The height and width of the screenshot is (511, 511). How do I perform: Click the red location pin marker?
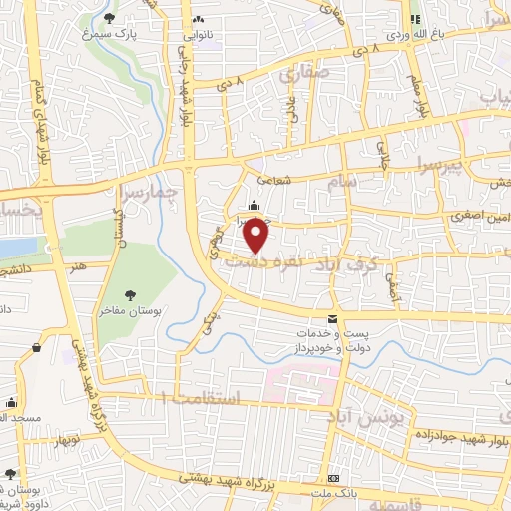(x=257, y=236)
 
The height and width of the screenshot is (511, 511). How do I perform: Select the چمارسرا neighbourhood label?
(x=146, y=190)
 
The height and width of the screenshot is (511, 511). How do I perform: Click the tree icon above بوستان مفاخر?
(x=131, y=294)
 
